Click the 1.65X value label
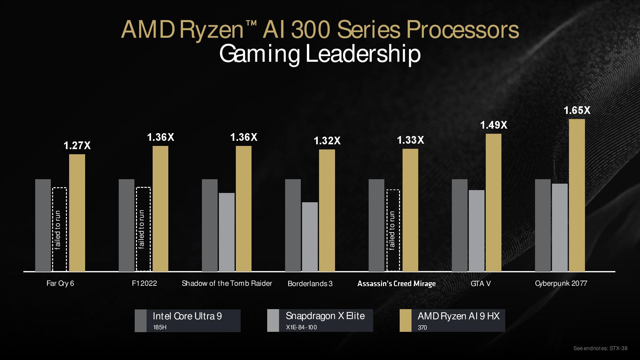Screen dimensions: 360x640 click(x=577, y=110)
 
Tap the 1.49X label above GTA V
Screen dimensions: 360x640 click(x=493, y=125)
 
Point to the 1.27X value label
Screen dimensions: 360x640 click(x=77, y=146)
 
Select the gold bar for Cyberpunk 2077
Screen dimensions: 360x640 click(x=577, y=195)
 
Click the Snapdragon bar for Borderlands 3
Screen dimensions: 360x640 click(x=310, y=237)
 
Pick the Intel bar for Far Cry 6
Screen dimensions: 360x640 click(x=43, y=225)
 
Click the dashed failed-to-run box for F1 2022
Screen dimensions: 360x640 click(x=143, y=229)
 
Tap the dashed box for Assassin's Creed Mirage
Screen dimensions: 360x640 click(x=393, y=230)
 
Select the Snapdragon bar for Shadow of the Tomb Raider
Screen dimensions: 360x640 click(x=227, y=232)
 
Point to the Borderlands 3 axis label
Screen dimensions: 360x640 click(x=310, y=284)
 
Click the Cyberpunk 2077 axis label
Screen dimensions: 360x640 click(x=561, y=283)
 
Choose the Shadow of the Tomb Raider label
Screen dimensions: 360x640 click(x=227, y=283)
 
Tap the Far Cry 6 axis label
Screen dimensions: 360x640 click(x=60, y=283)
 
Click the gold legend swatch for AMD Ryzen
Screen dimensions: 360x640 click(x=405, y=321)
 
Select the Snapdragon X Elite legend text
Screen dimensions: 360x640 click(x=325, y=316)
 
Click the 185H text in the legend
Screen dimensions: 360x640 click(x=160, y=327)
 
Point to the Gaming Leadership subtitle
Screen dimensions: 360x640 click(x=320, y=54)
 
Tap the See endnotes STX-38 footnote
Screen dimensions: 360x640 click(x=600, y=348)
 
